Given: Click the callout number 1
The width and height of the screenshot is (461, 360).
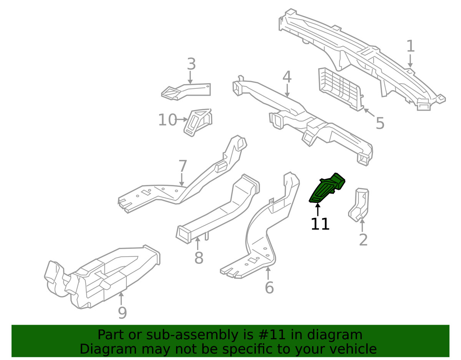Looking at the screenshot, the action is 411,46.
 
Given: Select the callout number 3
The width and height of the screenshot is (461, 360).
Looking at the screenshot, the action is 191,64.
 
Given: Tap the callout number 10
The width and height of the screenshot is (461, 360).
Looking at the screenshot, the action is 167,120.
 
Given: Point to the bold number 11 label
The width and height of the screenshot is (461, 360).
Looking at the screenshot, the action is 320,224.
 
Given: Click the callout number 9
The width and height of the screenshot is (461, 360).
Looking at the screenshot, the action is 123,313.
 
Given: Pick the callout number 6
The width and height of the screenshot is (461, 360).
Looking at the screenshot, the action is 269,288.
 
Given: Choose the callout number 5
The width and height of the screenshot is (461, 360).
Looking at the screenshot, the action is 380,123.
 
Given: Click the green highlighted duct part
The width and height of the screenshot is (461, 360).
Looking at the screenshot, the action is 327,188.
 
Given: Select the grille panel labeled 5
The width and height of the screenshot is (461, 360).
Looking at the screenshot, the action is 341,90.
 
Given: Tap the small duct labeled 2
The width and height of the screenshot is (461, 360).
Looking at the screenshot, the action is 359,204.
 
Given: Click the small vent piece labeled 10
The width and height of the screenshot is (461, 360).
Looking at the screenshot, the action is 198,123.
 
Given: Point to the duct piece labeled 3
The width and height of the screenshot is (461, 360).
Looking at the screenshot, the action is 186,92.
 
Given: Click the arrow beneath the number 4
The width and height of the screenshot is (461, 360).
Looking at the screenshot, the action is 287,91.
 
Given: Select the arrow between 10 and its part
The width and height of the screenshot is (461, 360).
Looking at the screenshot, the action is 182,119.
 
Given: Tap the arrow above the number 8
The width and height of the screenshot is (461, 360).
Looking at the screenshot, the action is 197,244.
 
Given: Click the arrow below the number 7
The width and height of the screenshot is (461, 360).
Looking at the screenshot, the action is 182,180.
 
